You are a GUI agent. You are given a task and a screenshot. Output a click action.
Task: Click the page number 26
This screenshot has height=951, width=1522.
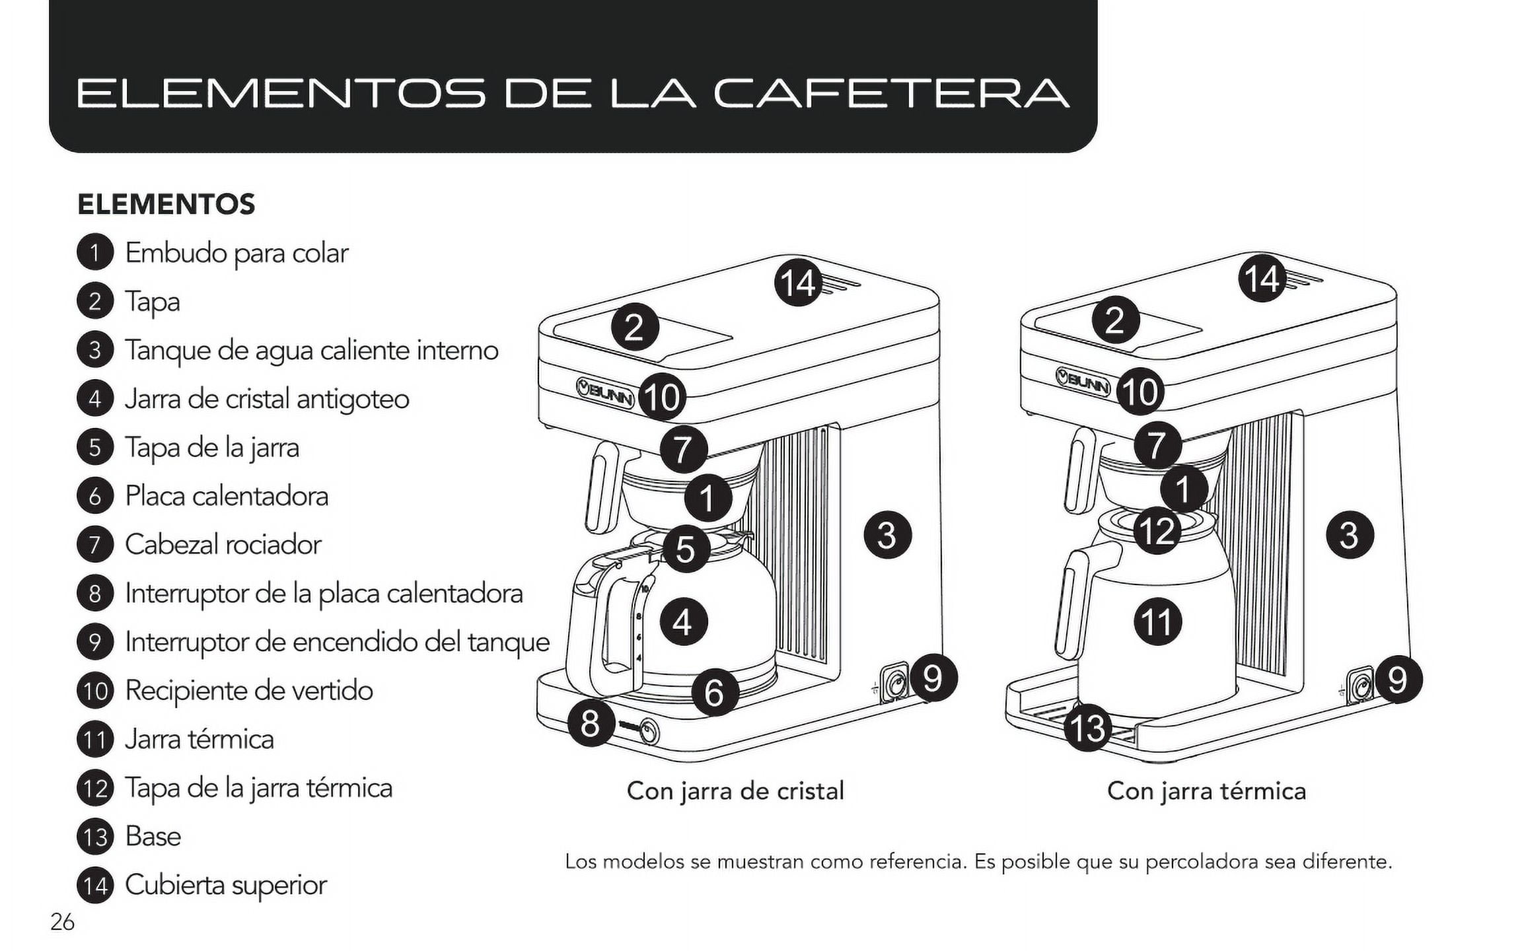tap(62, 922)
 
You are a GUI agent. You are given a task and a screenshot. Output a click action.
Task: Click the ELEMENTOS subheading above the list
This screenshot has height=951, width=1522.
tap(166, 204)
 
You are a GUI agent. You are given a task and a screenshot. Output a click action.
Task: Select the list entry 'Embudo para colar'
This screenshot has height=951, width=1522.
tap(236, 253)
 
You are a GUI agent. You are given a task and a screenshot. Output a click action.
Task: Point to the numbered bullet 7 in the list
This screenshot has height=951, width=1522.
tap(95, 545)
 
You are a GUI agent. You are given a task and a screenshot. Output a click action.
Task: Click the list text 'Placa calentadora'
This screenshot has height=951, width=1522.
tap(226, 496)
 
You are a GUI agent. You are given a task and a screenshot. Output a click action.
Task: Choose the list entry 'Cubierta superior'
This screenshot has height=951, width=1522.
tap(225, 885)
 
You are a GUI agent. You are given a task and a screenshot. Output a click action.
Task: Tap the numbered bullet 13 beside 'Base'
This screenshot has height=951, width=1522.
tap(95, 837)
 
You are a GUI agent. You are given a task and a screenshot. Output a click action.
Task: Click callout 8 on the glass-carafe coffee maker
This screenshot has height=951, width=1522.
tap(589, 723)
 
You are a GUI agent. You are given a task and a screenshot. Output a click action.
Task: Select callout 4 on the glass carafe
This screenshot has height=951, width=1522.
tap(682, 622)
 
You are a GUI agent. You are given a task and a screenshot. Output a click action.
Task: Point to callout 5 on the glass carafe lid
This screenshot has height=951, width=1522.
tap(686, 549)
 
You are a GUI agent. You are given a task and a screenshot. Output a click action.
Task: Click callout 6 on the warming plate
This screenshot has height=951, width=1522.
tap(715, 692)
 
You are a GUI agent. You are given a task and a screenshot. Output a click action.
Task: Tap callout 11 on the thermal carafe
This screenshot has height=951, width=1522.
tap(1157, 622)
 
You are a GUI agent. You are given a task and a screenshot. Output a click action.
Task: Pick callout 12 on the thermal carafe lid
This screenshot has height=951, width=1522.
tap(1157, 530)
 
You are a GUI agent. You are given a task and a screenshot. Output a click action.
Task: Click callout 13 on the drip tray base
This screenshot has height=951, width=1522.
tap(1087, 728)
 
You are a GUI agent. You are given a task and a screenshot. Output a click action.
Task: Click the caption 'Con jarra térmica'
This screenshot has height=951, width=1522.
tap(1206, 791)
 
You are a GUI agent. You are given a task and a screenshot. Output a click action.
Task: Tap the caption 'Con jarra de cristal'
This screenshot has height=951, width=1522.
tap(735, 791)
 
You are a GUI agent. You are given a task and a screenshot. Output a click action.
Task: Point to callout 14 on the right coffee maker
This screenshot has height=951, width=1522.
tap(1262, 279)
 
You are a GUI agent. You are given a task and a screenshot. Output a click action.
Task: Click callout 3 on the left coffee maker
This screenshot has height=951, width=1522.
tap(887, 535)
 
